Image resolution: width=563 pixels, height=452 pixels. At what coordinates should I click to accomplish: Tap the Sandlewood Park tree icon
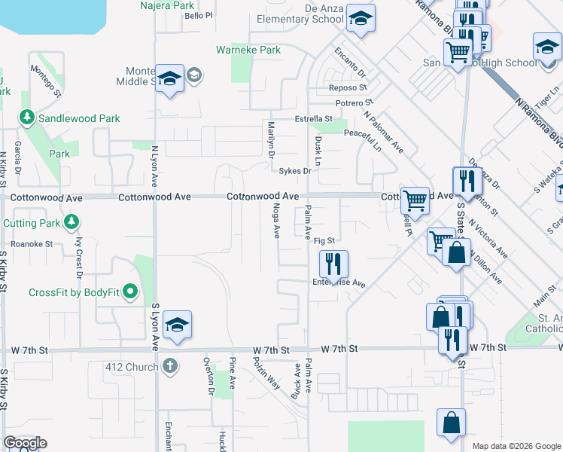(x=27, y=118)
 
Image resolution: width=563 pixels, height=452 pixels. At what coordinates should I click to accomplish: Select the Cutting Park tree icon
(x=71, y=223)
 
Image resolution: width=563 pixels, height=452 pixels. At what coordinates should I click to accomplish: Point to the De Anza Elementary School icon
(x=361, y=20)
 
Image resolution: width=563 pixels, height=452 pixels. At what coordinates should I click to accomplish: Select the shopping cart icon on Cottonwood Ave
(x=415, y=200)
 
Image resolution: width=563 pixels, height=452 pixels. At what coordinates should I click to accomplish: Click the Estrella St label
(x=313, y=119)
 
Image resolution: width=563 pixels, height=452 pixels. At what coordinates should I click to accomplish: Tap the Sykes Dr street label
(x=295, y=171)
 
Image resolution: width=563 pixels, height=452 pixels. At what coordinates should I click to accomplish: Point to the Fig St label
(x=324, y=241)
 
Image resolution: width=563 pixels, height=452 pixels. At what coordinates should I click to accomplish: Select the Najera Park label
(x=167, y=5)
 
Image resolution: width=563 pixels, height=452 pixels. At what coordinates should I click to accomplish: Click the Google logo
(x=24, y=443)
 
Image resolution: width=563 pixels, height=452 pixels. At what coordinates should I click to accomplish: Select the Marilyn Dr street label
(x=270, y=139)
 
